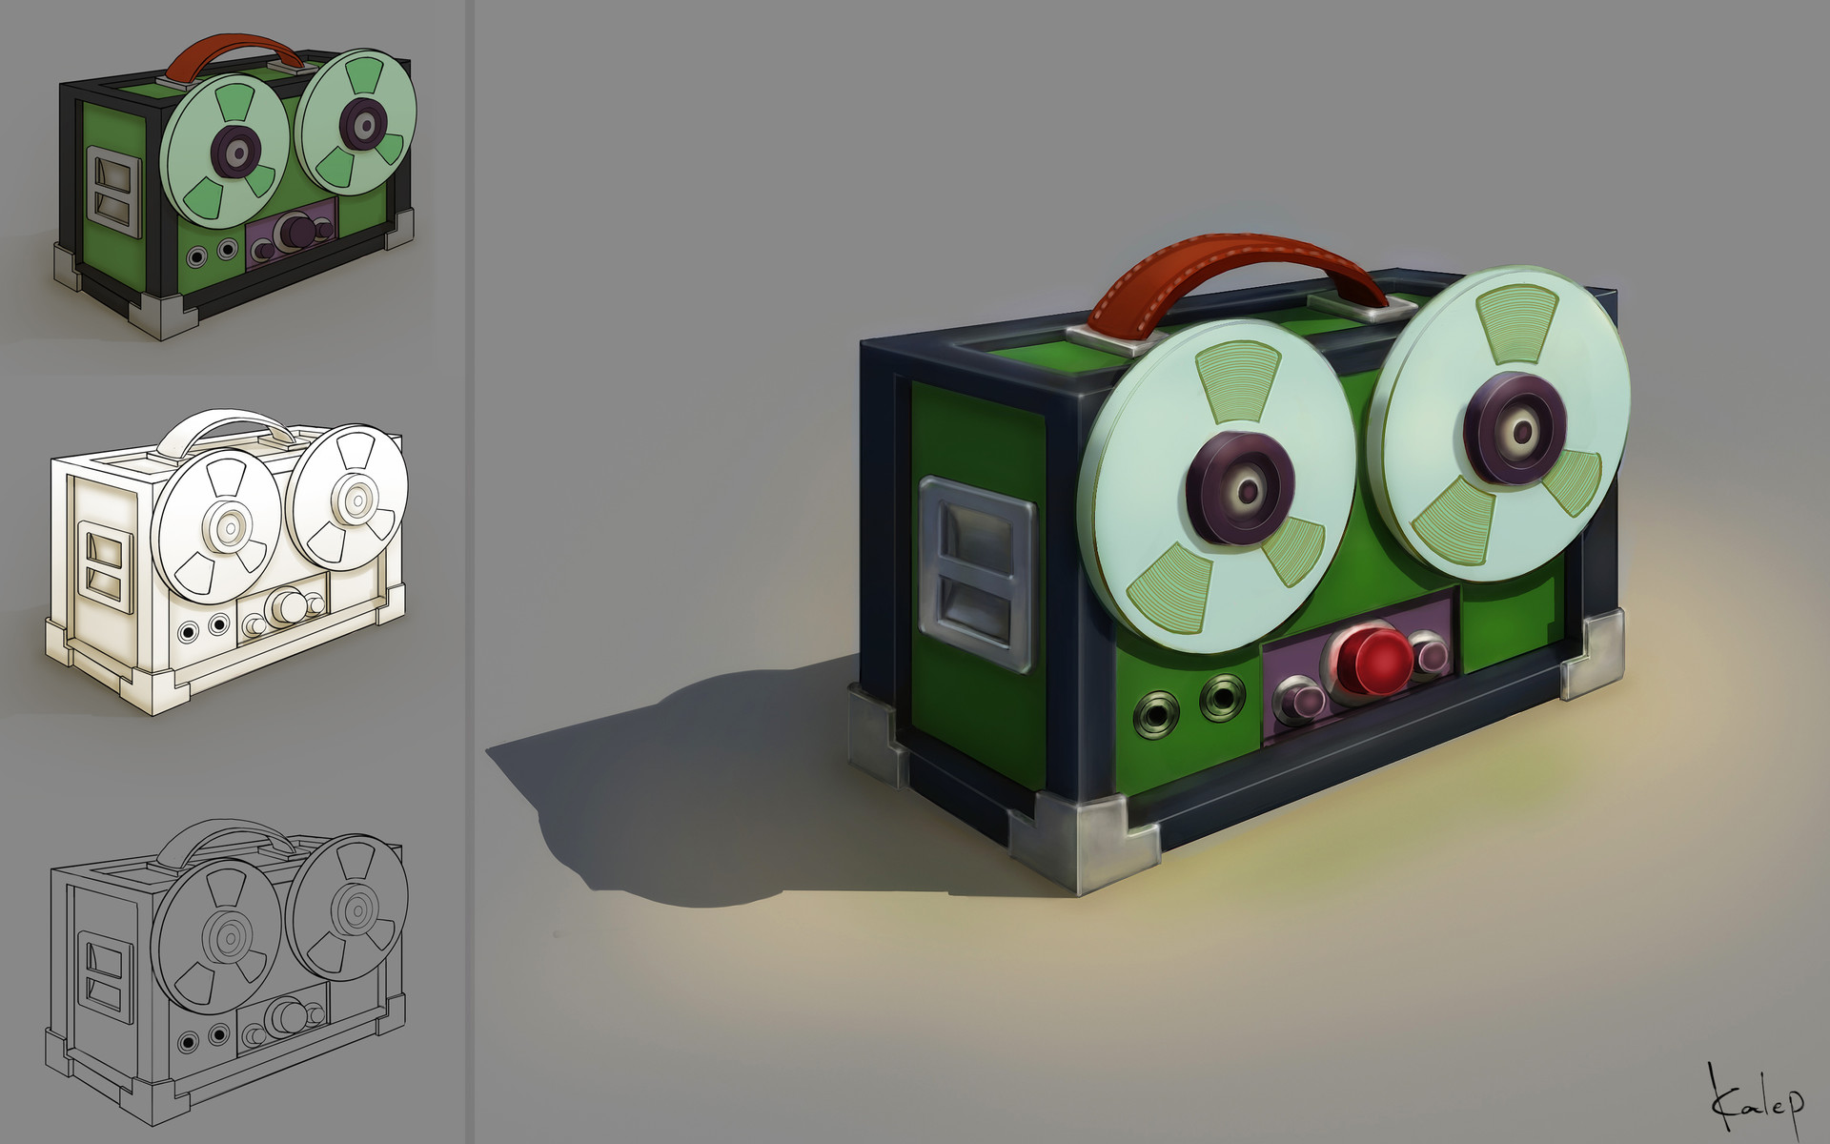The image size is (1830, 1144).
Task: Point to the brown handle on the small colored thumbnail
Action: click(234, 50)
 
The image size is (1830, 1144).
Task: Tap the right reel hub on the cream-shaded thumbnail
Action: click(357, 499)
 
